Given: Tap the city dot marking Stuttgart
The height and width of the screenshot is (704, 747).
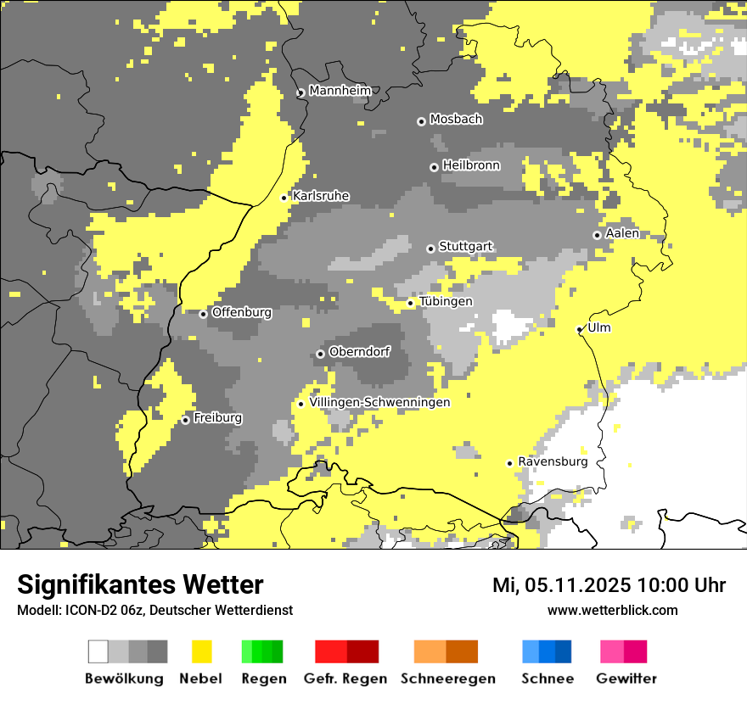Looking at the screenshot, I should tap(431, 249).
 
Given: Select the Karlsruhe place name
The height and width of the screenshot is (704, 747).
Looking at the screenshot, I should tap(321, 196).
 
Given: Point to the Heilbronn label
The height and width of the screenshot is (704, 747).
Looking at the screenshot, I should tap(471, 165).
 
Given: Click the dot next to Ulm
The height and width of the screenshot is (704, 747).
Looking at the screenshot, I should tap(580, 329).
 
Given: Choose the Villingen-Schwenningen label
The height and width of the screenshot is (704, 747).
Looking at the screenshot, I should tap(379, 402).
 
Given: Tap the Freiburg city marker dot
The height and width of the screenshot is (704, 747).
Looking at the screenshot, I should tap(185, 420).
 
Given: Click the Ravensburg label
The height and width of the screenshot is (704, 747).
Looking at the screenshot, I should tap(553, 461).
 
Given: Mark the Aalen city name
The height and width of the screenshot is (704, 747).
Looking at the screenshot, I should tap(622, 233).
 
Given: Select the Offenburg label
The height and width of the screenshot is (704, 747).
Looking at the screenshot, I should tap(242, 312).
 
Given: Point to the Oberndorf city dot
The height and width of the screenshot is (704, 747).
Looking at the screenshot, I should tap(320, 354).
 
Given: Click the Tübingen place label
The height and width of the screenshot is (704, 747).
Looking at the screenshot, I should tap(446, 301).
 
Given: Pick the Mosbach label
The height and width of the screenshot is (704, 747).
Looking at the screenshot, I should tap(456, 120).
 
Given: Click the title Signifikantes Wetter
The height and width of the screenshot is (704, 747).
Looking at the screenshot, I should tap(140, 584).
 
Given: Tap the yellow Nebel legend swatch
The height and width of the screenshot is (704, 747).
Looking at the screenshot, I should tap(202, 651).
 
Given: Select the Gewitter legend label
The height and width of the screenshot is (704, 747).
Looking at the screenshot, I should tap(626, 679).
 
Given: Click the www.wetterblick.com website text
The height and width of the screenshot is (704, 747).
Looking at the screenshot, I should tap(613, 610).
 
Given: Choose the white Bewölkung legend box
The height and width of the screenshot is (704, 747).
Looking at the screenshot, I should tap(98, 651).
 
